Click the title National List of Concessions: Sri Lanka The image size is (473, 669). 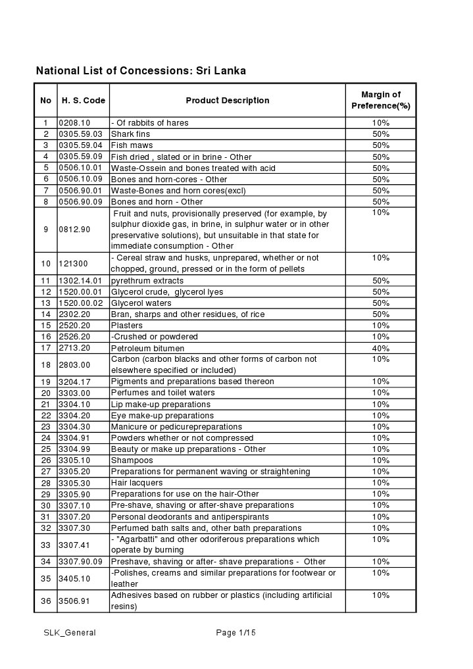141,70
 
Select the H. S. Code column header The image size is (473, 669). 83,101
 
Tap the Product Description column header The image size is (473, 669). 227,101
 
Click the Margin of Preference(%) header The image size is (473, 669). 380,100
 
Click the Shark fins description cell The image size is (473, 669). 130,134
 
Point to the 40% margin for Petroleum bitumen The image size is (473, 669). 380,348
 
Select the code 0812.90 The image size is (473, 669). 74,230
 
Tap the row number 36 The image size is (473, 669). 45,601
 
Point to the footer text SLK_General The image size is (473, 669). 70,633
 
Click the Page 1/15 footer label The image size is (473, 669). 236,633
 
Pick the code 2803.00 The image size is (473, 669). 74,365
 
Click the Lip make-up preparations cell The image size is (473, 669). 161,405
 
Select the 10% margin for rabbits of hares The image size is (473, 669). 380,123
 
